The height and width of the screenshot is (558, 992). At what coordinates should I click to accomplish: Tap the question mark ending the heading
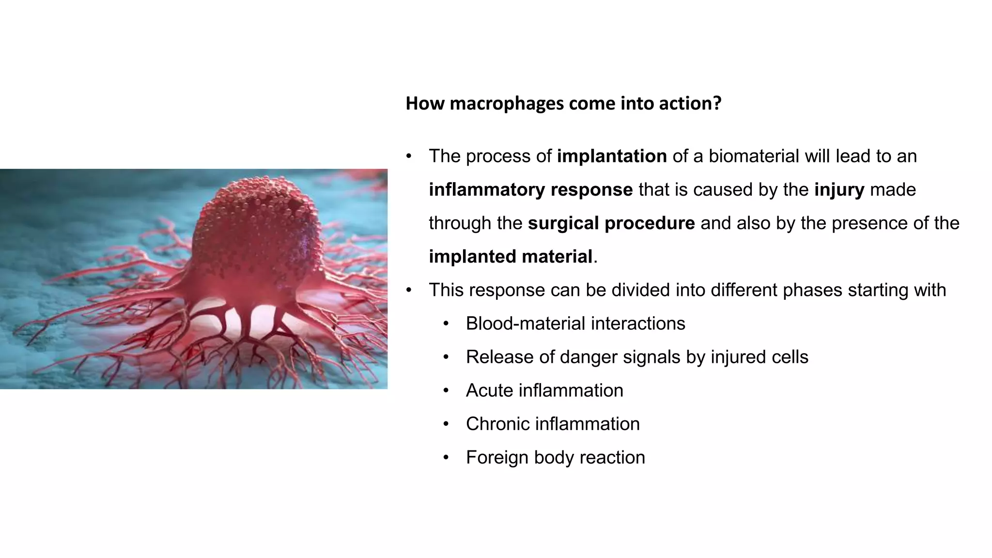click(717, 103)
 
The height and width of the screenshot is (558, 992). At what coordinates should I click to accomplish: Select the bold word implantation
click(612, 156)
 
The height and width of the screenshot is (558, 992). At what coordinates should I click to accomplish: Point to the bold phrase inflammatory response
click(530, 189)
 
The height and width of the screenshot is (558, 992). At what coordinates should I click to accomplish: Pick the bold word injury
click(839, 189)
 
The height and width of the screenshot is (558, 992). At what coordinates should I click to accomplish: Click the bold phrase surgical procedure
click(611, 223)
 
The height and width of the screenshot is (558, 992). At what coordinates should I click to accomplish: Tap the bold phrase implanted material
click(511, 256)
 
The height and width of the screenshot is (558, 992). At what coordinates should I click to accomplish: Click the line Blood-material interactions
click(575, 323)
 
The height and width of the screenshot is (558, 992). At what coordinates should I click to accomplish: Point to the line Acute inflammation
click(544, 390)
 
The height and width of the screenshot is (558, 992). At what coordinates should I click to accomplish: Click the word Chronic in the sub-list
click(498, 424)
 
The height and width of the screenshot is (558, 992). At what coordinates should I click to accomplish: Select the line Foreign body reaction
click(555, 457)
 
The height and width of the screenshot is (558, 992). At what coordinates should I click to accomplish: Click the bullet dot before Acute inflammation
click(446, 391)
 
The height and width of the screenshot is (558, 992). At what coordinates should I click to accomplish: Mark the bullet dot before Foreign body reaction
click(446, 458)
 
